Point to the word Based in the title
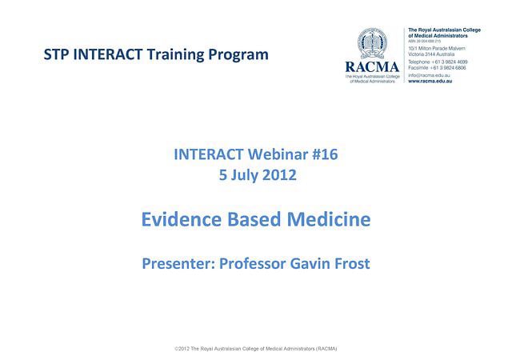coord(252,218)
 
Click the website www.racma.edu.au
coord(430,82)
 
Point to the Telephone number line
coord(438,62)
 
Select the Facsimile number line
coord(438,68)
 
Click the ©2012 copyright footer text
coord(255,350)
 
